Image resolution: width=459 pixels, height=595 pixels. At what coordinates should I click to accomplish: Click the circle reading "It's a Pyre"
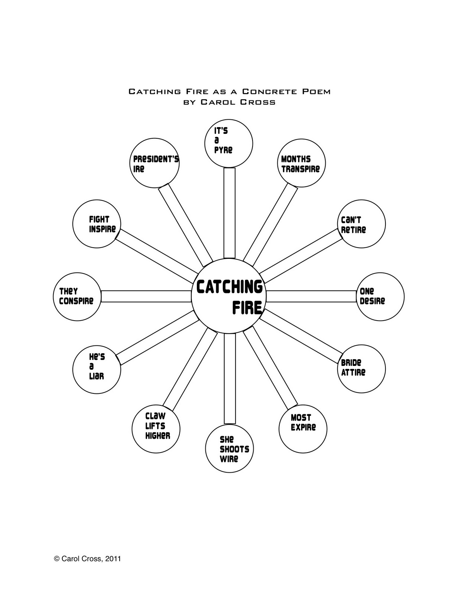pyautogui.click(x=229, y=143)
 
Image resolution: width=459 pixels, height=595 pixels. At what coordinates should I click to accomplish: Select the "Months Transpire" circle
pyautogui.click(x=301, y=163)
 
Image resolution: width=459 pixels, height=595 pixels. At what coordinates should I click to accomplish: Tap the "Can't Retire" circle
pyautogui.click(x=362, y=224)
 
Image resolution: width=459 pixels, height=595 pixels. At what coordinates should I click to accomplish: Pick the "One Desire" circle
pyautogui.click(x=380, y=296)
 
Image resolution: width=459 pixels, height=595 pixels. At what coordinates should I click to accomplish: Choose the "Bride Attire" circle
pyautogui.click(x=362, y=369)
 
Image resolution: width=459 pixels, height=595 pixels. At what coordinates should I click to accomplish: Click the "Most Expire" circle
pyautogui.click(x=303, y=428)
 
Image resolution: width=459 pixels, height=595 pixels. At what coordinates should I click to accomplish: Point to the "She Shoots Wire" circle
pyautogui.click(x=229, y=448)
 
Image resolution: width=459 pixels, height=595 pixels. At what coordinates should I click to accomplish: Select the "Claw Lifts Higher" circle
pyautogui.click(x=156, y=428)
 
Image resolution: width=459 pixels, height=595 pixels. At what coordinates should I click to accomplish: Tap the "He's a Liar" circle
pyautogui.click(x=97, y=369)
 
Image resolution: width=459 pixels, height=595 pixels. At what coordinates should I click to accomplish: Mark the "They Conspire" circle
pyautogui.click(x=77, y=296)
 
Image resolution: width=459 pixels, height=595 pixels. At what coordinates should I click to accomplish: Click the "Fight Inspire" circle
pyautogui.click(x=97, y=224)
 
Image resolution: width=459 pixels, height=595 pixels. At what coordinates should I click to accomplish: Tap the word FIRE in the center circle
pyautogui.click(x=247, y=308)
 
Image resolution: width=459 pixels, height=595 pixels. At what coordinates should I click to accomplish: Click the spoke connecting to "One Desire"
pyautogui.click(x=311, y=296)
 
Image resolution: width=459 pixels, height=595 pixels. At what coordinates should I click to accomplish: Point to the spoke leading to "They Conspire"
pyautogui.click(x=146, y=296)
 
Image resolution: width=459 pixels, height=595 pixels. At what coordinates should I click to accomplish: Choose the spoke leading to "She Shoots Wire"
pyautogui.click(x=229, y=378)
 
